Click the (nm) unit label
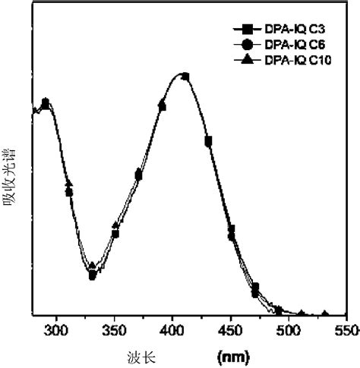[x=231, y=354]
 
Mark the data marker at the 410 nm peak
[x=185, y=76]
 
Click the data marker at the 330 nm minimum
[x=92, y=275]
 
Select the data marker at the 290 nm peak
[x=46, y=102]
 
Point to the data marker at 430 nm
[x=208, y=140]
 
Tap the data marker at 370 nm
[x=138, y=175]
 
